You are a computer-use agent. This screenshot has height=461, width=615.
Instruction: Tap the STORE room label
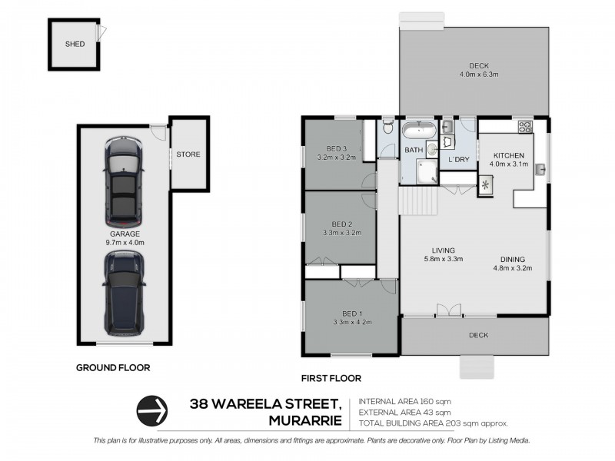pos(188,154)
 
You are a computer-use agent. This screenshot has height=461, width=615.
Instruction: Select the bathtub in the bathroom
pos(421,131)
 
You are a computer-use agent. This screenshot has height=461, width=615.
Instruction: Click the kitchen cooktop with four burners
pos(526,127)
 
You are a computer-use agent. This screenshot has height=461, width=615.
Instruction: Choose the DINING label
pos(513,259)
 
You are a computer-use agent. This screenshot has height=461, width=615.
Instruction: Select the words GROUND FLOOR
pos(112,368)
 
